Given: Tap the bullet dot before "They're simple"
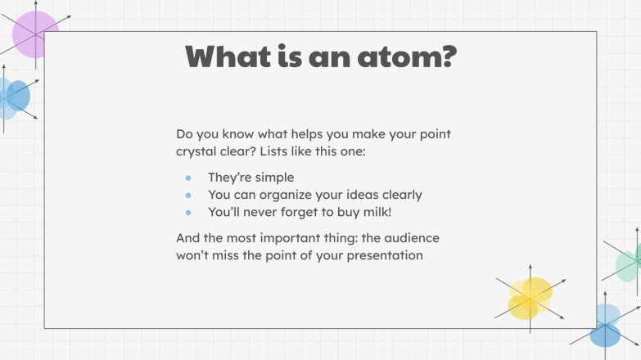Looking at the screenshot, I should point(188,178).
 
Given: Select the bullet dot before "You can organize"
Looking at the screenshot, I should point(188,196).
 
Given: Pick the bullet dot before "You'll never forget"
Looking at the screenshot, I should point(188,213).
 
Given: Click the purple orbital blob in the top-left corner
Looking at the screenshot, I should point(34,34).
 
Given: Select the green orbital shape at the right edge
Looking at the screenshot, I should point(630,263).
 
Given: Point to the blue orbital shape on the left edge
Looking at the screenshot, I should point(12,97).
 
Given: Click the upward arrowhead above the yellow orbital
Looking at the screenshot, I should point(530,267).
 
